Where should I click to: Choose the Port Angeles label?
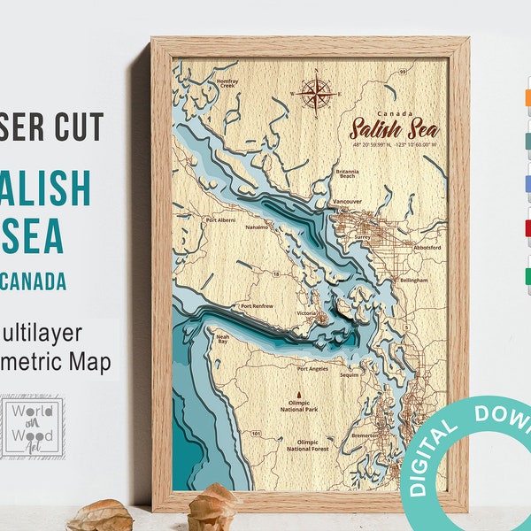tap(317, 368)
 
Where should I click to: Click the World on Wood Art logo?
tap(32, 428)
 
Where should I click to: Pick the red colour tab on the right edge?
tap(527, 227)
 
